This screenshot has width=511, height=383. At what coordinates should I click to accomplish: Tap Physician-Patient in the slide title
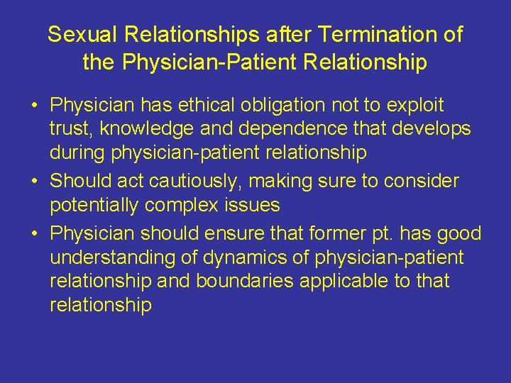coord(209,63)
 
